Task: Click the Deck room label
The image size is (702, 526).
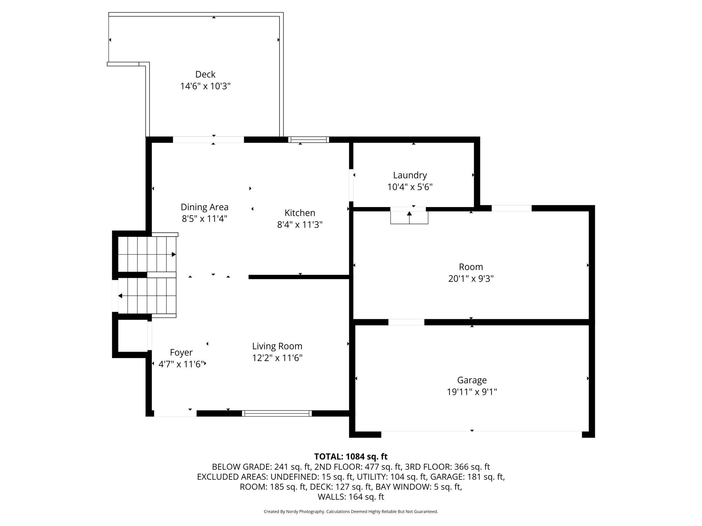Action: click(205, 74)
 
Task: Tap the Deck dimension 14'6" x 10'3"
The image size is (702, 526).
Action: click(205, 86)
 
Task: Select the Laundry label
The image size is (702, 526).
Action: click(410, 175)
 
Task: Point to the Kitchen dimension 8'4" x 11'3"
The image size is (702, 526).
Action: click(300, 225)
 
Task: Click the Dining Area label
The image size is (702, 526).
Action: click(205, 207)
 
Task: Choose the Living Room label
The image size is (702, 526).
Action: click(277, 346)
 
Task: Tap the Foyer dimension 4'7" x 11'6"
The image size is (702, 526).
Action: click(181, 364)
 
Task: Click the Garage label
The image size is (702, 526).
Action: click(472, 380)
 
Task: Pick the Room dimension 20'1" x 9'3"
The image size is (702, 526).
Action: click(471, 279)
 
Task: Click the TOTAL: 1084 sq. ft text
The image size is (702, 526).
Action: click(351, 457)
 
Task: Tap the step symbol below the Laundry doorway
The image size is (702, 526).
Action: click(409, 217)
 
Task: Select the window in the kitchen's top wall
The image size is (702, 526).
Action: click(308, 140)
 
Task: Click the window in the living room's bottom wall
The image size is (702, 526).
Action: click(277, 413)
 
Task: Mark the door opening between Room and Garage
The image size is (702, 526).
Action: click(406, 322)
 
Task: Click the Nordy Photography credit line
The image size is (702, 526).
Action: click(351, 512)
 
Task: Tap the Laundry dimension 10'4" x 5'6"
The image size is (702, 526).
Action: click(410, 187)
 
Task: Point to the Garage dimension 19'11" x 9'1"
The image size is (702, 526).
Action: click(472, 392)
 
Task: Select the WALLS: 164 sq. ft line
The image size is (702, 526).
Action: click(351, 497)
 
